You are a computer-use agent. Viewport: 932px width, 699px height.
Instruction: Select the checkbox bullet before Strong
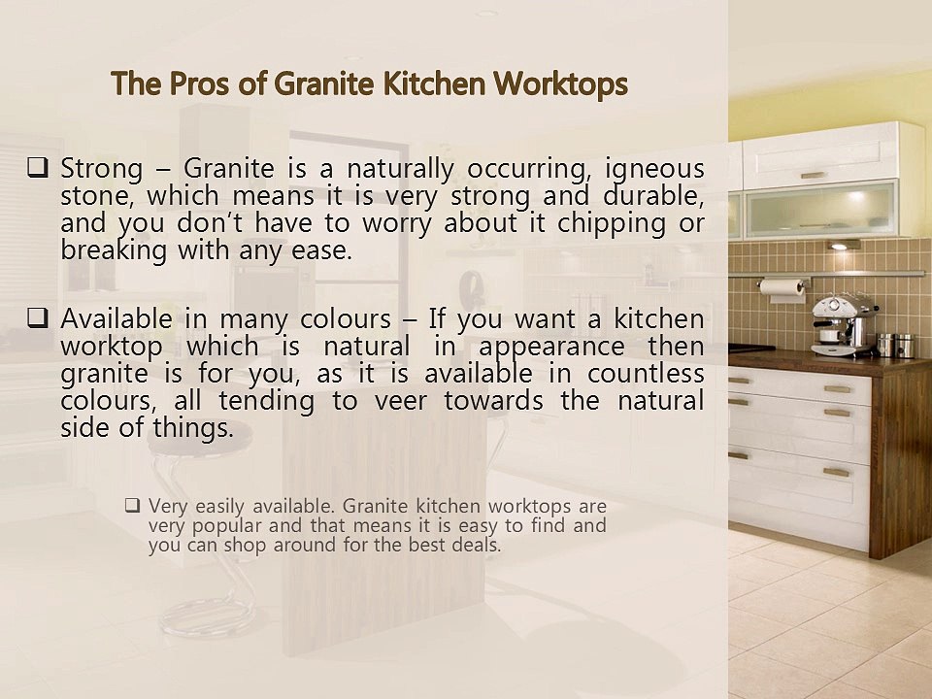[39, 168]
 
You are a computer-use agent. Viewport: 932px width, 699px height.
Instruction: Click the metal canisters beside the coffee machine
[895, 345]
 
